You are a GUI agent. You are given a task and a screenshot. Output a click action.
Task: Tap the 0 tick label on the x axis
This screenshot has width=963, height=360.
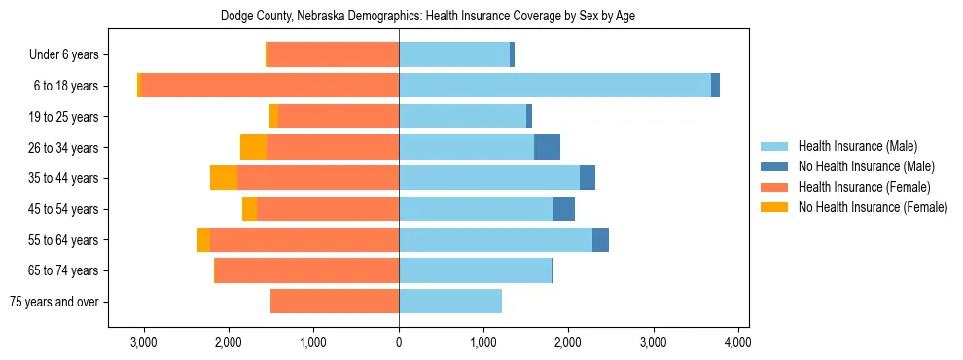click(x=399, y=343)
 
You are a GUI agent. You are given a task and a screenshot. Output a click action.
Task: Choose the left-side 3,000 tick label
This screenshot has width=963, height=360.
click(x=144, y=343)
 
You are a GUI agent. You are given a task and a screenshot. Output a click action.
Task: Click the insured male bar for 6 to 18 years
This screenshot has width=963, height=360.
click(x=554, y=86)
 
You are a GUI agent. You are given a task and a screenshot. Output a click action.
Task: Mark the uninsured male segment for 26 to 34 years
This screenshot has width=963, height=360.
click(x=547, y=147)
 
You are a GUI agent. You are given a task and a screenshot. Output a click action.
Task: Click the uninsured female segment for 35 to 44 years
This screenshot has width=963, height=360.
click(x=224, y=178)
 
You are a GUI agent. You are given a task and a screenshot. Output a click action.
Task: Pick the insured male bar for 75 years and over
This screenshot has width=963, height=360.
click(x=450, y=302)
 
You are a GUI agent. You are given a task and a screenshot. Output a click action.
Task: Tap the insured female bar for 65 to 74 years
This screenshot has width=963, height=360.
click(x=306, y=270)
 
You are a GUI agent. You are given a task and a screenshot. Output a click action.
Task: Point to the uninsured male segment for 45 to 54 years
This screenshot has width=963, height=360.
click(x=564, y=209)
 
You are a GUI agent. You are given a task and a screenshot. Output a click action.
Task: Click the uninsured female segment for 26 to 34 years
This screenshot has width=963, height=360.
click(x=253, y=147)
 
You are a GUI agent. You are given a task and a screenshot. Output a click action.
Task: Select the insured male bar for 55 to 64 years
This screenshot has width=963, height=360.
click(x=495, y=239)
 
